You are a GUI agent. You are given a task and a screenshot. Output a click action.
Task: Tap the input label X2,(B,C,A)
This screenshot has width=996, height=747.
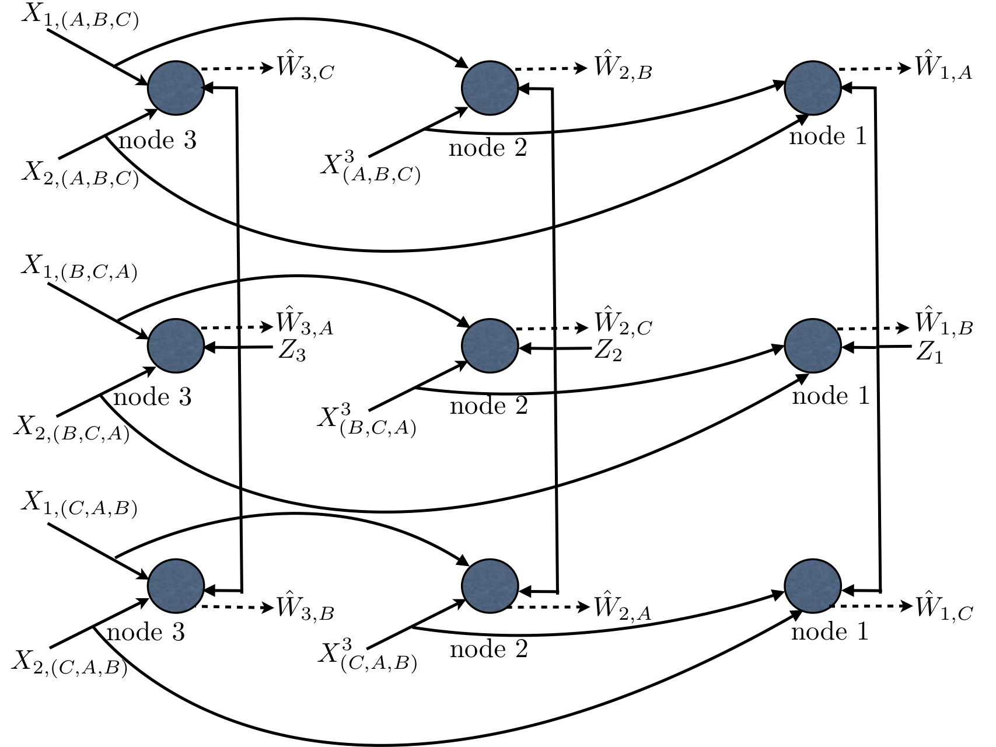coord(72,431)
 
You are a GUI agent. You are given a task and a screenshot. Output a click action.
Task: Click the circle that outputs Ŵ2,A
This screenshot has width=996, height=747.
coord(490,587)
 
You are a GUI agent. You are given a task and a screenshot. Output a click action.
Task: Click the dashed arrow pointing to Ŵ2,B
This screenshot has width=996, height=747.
coord(550,68)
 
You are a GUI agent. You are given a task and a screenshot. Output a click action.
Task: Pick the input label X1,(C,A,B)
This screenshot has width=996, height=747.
coord(79,505)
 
